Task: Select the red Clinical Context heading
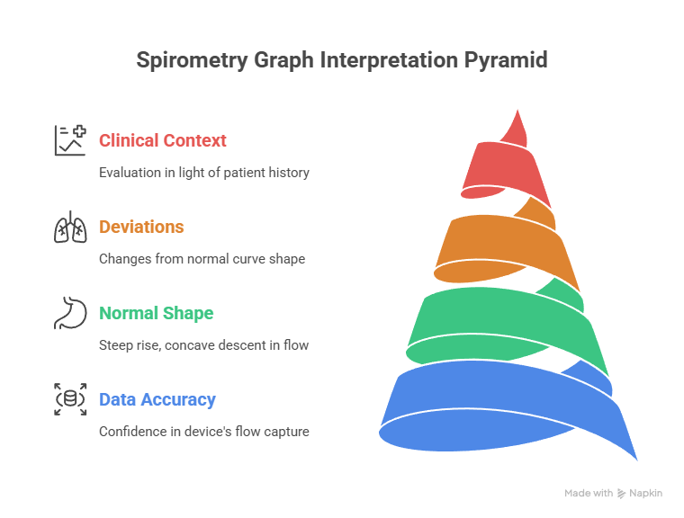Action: [163, 140]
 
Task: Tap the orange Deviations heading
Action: [141, 227]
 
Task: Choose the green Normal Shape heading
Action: [156, 313]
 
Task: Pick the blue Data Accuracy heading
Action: [157, 399]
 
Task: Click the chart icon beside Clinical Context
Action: [70, 140]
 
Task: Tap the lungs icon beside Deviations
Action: [70, 227]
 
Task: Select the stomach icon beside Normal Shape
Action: [70, 313]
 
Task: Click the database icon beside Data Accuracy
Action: [70, 399]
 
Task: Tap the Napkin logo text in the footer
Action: [647, 493]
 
